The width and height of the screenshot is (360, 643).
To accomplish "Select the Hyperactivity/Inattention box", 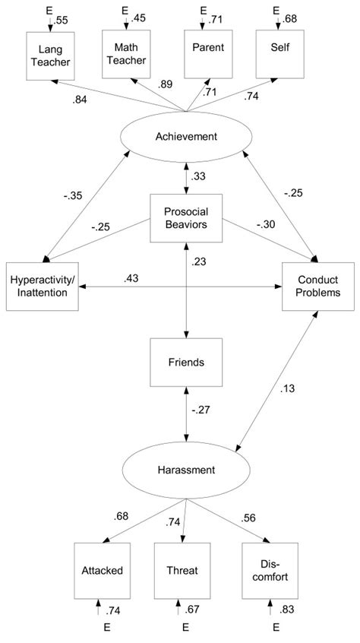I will pos(42,287).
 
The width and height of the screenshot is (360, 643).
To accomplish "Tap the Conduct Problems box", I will pos(318,287).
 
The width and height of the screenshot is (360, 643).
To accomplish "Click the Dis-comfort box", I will pos(271,569).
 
